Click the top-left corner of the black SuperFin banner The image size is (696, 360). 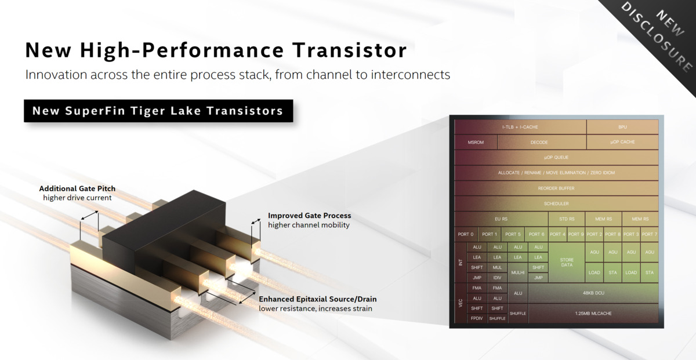24,100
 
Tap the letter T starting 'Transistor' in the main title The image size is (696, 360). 299,50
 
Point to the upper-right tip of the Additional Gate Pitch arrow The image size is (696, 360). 98,212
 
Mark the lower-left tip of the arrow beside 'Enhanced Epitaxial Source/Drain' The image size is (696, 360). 239,303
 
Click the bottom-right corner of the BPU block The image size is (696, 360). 658,134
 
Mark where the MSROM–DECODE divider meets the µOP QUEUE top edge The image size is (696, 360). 497,150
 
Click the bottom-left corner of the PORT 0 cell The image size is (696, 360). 455,242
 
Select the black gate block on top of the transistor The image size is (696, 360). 164,230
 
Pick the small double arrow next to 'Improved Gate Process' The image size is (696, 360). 256,221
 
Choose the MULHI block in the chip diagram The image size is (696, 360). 517,272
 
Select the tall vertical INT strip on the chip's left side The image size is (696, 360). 461,263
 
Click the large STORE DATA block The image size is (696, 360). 567,263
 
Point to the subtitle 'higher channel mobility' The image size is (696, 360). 309,225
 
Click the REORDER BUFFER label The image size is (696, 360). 556,188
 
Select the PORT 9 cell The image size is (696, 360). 576,234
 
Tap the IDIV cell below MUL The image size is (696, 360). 497,278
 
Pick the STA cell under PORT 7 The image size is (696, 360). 650,272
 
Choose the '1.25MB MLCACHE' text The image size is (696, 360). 593,314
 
